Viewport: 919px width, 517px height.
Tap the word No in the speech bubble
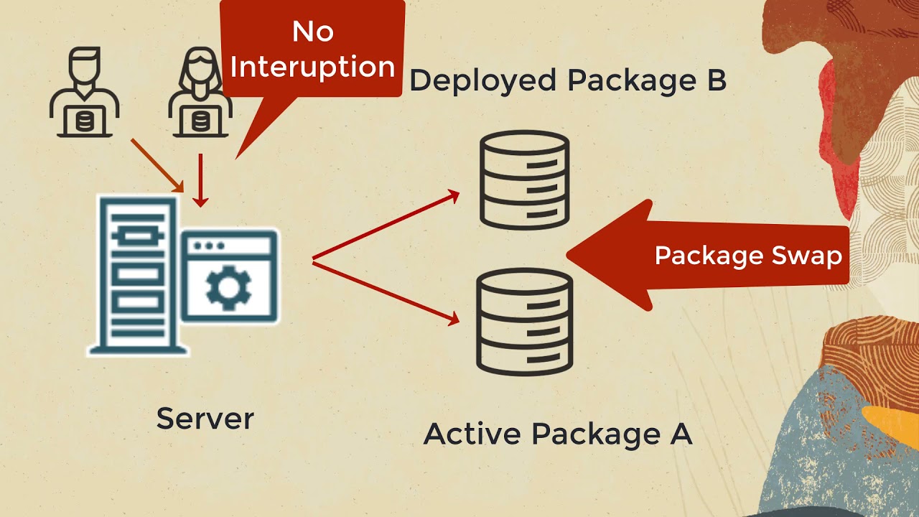click(312, 32)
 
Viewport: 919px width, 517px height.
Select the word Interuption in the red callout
click(312, 67)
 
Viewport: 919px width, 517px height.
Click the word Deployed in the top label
click(482, 81)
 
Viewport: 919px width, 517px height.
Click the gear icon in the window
click(228, 287)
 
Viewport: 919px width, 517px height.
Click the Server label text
click(205, 418)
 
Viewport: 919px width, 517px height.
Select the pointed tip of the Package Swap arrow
click(572, 254)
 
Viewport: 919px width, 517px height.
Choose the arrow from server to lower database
click(386, 292)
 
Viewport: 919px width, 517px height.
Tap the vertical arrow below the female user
click(201, 180)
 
